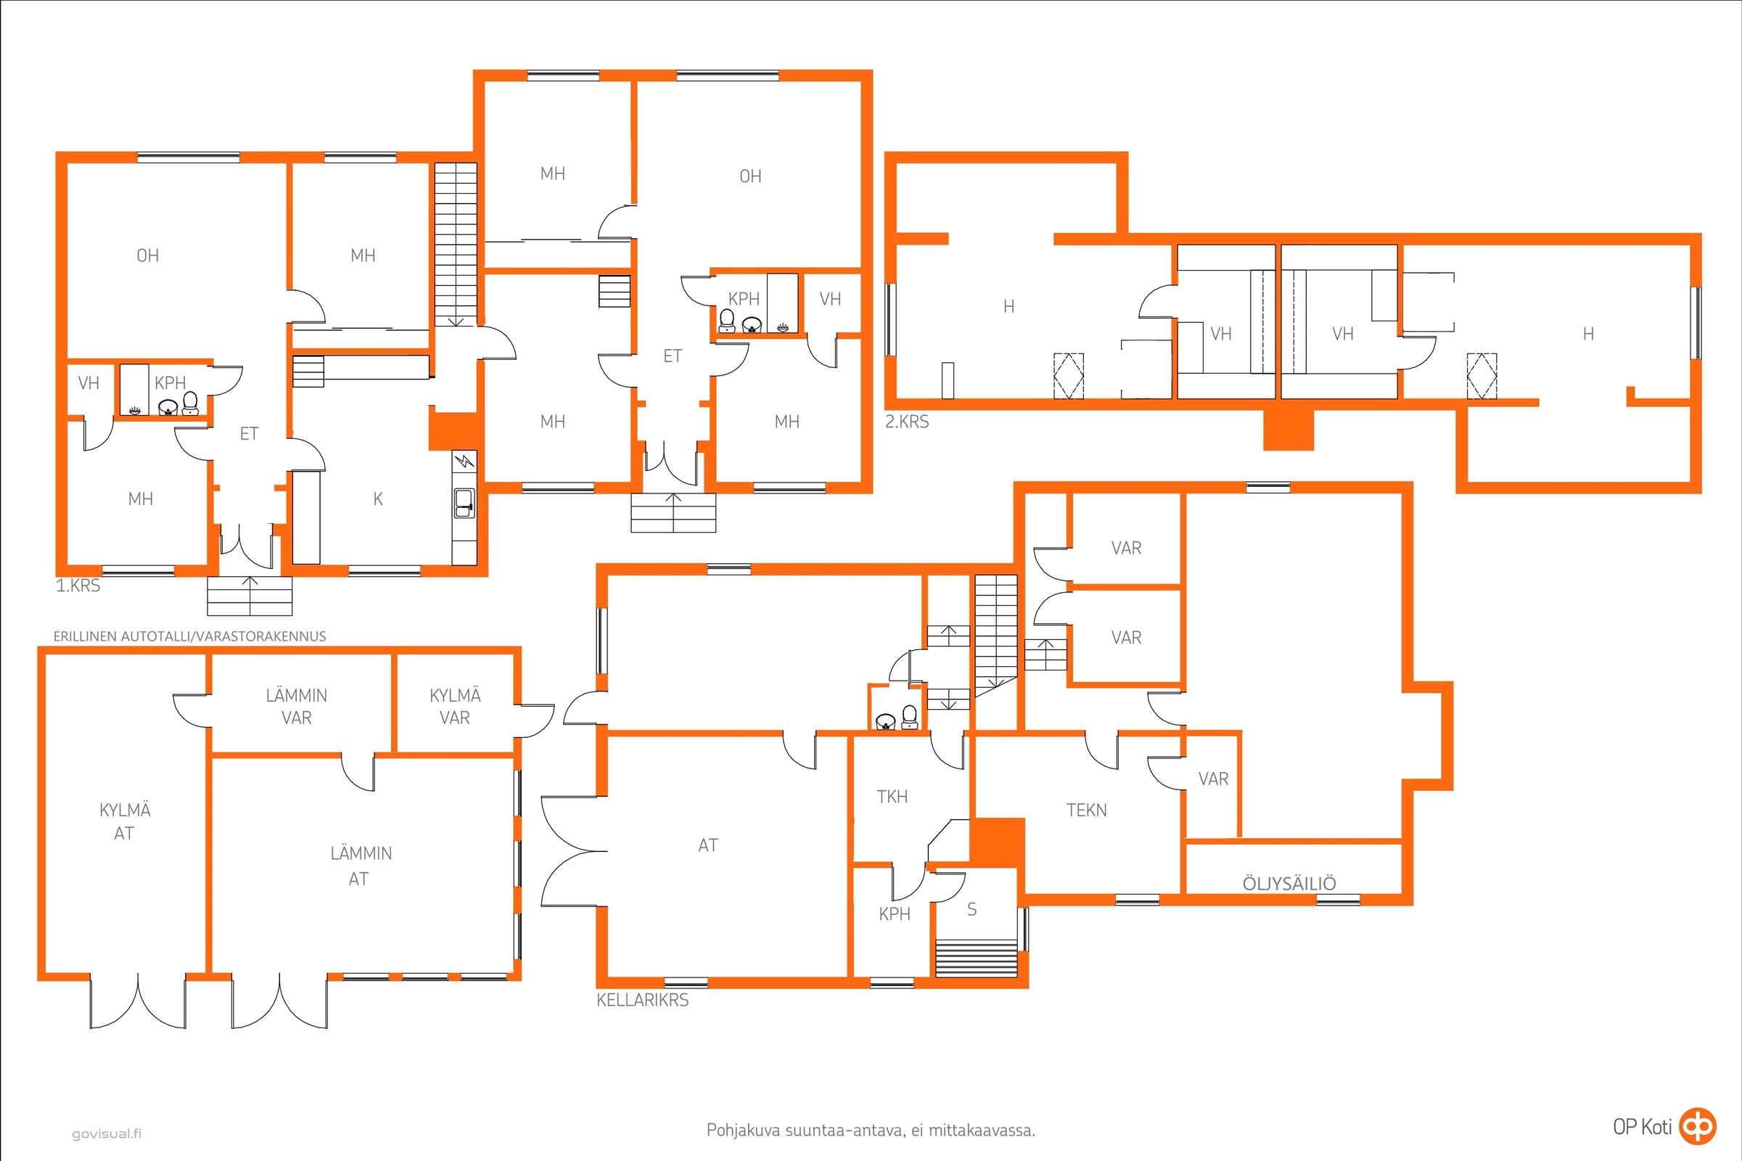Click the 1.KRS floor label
pos(78,586)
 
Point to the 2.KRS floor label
pos(907,422)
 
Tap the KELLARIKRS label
pos(643,1001)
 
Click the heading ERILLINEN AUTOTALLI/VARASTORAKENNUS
pos(189,636)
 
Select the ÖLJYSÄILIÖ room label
pos(1289,882)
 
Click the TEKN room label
pos(1086,810)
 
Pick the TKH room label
pos(892,797)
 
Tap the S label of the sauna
pos(972,909)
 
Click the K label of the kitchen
pos(378,499)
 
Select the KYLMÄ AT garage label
pos(124,821)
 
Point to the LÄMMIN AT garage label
pos(361,866)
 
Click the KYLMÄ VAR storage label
pos(455,706)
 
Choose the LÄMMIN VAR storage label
pos(296,706)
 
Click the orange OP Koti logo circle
pos(1698,1126)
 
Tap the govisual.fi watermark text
pos(107,1133)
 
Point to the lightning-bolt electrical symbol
pos(464,462)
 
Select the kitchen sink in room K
pos(464,504)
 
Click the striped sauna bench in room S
pos(977,958)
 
